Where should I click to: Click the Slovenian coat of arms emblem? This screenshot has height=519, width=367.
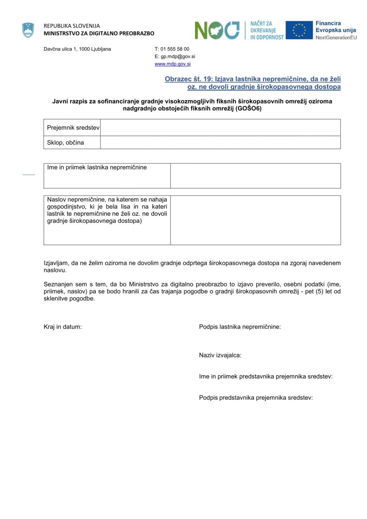pos(28,30)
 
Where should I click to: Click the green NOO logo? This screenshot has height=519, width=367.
pos(217,30)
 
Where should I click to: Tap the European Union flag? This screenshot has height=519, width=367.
pos(299,30)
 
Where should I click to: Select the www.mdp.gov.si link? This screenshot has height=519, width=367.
pos(172,64)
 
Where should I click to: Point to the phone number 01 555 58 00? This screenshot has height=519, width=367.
pos(175,49)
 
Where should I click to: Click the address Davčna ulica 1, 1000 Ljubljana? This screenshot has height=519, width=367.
pos(77,49)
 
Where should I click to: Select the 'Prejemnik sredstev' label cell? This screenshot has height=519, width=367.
pos(73,128)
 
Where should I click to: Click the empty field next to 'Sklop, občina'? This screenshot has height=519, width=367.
pos(220,142)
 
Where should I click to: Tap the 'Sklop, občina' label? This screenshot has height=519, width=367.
pos(66,143)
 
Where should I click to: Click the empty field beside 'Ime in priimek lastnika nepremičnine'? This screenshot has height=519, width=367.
pos(255,176)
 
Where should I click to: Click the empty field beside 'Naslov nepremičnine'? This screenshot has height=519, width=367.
pos(255,220)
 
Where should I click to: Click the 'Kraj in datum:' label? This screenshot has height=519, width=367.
pos(63,327)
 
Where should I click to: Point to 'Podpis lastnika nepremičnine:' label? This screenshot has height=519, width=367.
pos(240,327)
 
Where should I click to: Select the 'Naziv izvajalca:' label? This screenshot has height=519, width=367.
pos(220,355)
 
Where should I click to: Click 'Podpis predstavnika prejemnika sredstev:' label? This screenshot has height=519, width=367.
pos(256,398)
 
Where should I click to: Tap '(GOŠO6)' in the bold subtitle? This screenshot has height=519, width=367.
pos(248,109)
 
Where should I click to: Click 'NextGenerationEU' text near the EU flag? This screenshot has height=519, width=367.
pos(336,37)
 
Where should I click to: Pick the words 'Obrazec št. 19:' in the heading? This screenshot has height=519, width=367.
pos(188,79)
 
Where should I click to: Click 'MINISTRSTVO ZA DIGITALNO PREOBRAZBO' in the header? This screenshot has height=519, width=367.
pos(99,33)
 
